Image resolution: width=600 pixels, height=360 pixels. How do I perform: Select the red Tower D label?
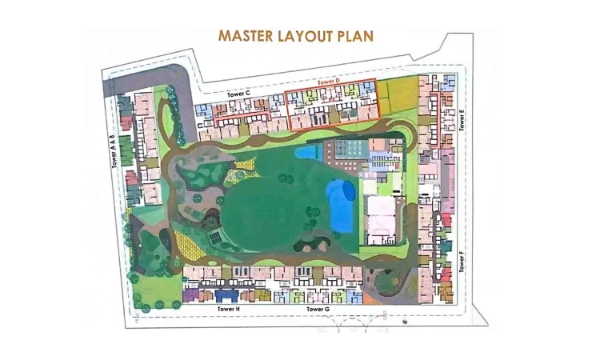point(329,82)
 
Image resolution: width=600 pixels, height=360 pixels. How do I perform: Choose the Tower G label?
point(317,308)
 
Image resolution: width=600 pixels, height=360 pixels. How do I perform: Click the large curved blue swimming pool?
point(341,205)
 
